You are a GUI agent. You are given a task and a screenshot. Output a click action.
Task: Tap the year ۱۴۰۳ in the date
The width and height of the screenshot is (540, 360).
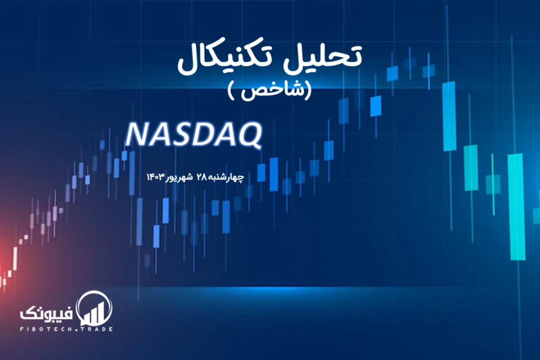point(154,177)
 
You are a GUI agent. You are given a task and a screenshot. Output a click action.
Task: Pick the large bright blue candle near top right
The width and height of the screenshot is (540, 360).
point(449,116)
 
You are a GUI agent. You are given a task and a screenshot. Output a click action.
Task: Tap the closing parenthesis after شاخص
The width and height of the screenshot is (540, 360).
point(231,90)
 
